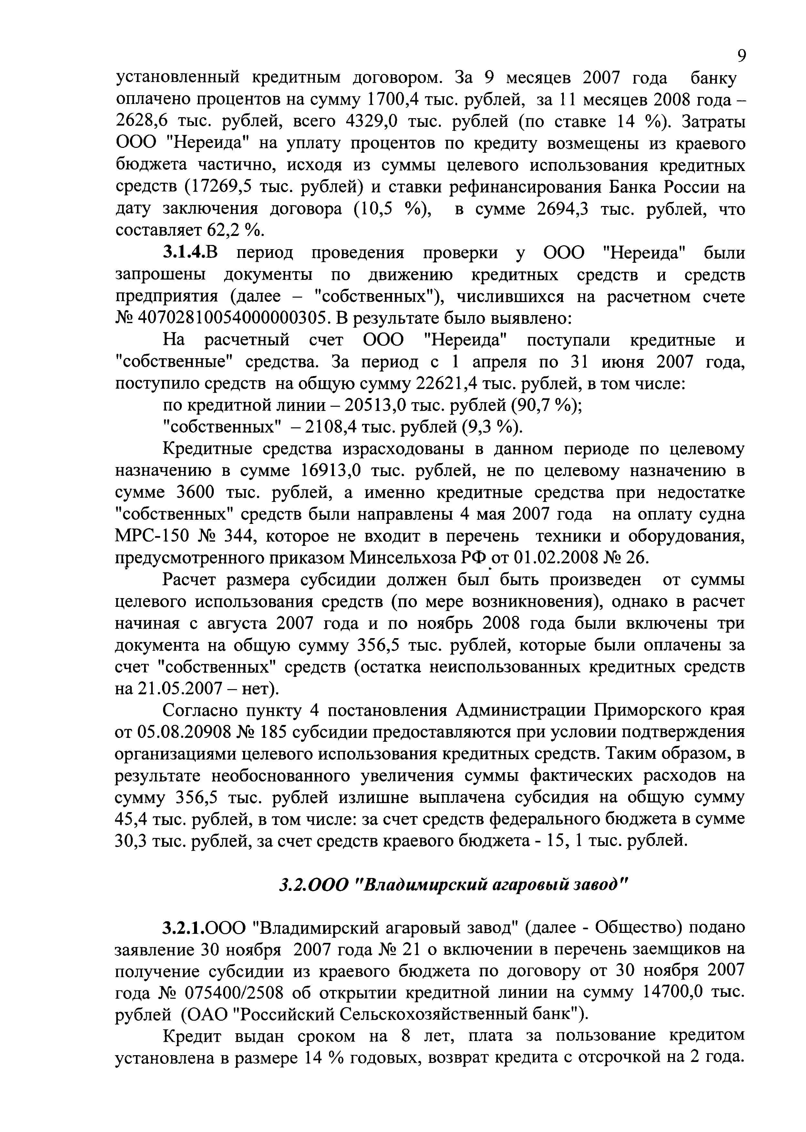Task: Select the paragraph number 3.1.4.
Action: tap(184, 253)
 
